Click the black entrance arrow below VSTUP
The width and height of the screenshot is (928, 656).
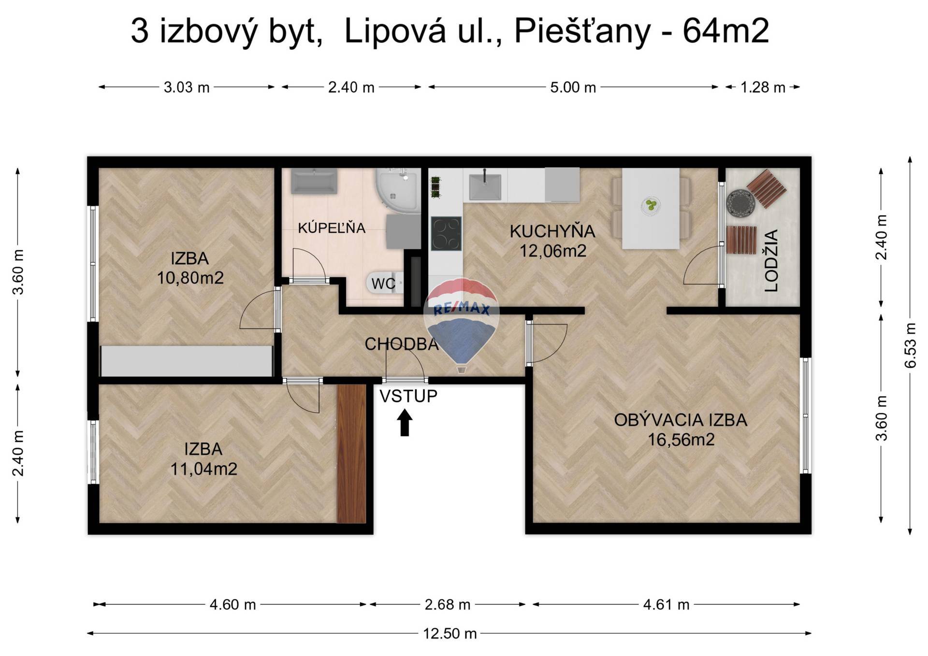pos(405,423)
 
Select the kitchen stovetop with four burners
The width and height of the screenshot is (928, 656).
pos(446,234)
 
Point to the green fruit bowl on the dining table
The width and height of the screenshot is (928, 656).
pos(651,205)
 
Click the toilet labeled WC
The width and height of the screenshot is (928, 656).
pos(386,283)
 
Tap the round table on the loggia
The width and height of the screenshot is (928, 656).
pos(740,204)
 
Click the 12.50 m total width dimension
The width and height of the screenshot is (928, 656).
pos(450,633)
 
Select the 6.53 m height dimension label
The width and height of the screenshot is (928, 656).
pos(910,345)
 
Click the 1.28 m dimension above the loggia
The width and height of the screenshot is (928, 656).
pos(763,87)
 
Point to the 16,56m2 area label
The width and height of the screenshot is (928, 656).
pos(681,440)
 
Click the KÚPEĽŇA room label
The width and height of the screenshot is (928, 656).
pos(332,228)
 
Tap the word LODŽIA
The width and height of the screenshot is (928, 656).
pos(771,260)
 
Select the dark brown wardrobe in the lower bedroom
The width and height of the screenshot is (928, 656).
pos(351,454)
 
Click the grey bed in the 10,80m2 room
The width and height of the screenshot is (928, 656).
pos(187,360)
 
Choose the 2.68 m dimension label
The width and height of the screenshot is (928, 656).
pos(448,604)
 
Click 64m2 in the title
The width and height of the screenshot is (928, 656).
pos(725,31)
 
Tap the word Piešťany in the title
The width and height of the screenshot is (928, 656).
pos(582,32)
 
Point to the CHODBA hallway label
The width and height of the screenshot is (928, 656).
pos(402,344)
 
